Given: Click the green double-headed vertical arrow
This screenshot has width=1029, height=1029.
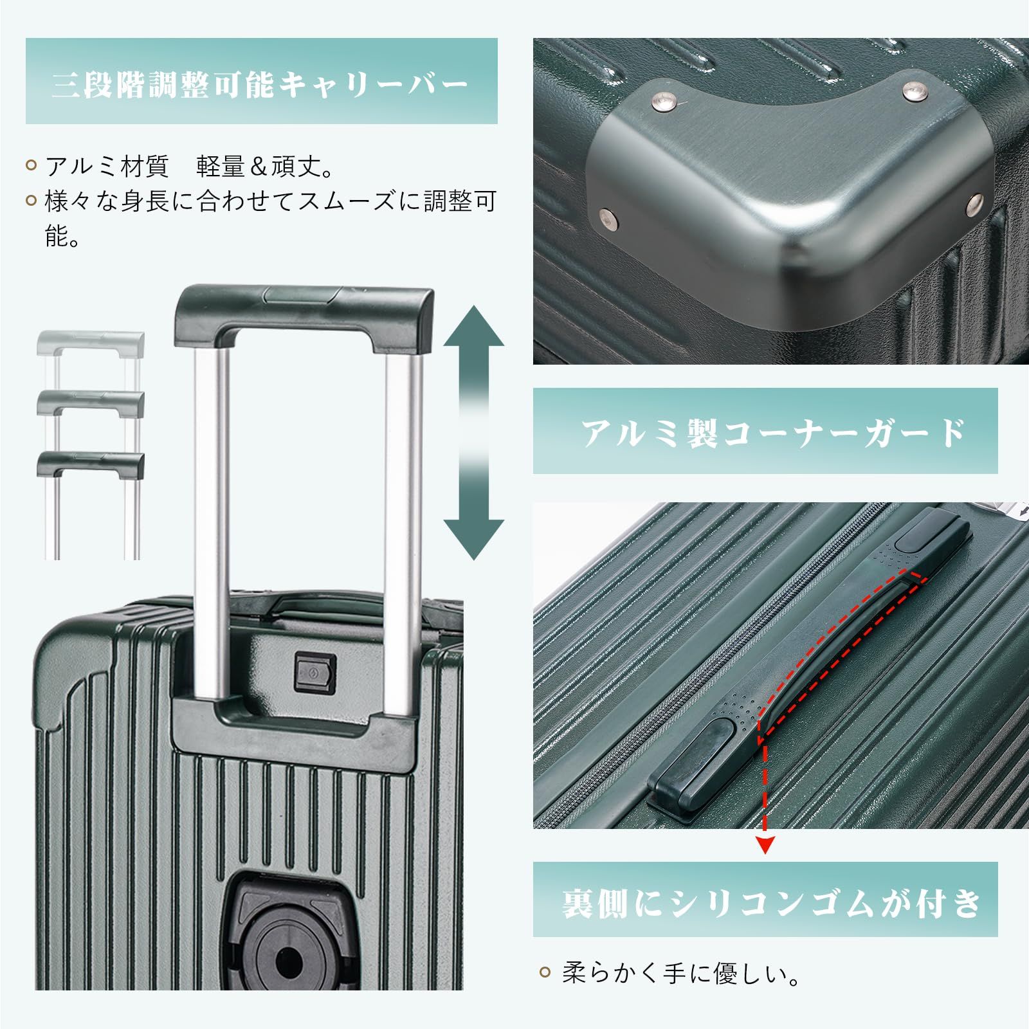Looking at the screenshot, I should coord(474,432).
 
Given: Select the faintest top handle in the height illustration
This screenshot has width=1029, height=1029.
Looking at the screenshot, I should coord(91,342).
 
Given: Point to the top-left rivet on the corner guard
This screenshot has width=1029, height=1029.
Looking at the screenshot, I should coord(664,99).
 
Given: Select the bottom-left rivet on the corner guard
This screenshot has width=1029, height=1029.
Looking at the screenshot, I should coord(606,218).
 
